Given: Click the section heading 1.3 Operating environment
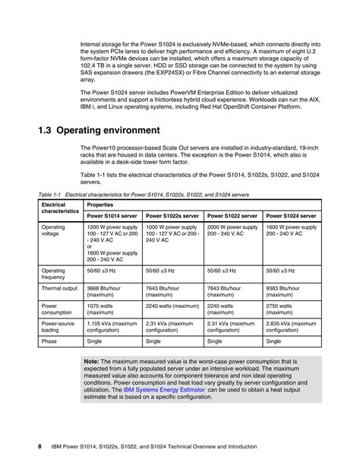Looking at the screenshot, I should [x=99, y=130].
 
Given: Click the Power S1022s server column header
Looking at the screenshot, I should [x=171, y=216].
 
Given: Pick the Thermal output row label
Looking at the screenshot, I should [x=58, y=288].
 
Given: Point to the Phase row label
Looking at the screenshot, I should [x=49, y=341].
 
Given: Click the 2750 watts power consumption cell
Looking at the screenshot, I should [x=283, y=309].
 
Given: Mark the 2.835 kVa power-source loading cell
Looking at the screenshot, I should [x=291, y=328].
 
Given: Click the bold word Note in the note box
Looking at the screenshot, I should [x=91, y=362].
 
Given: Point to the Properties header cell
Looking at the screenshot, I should [x=101, y=205].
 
